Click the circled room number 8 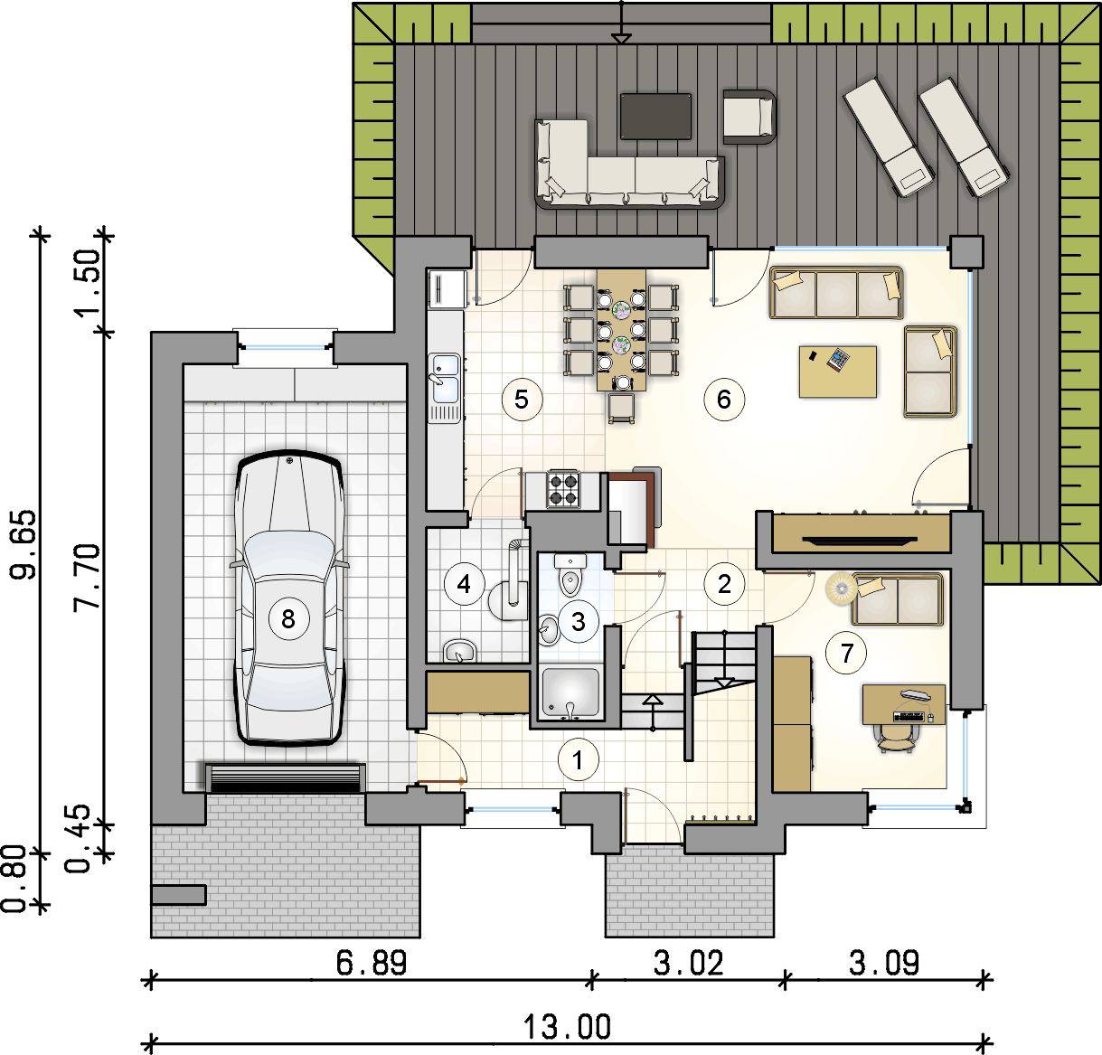[288, 618]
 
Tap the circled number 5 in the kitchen [522, 400]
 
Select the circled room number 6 [724, 400]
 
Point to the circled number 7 [846, 653]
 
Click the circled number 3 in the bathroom [578, 622]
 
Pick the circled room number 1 [578, 760]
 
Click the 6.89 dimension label [371, 963]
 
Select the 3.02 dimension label [688, 963]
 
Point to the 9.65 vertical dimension [25, 543]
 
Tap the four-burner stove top [562, 489]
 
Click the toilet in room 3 [570, 574]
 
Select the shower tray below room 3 [570, 693]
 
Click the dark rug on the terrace [655, 116]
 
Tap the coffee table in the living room [837, 372]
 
